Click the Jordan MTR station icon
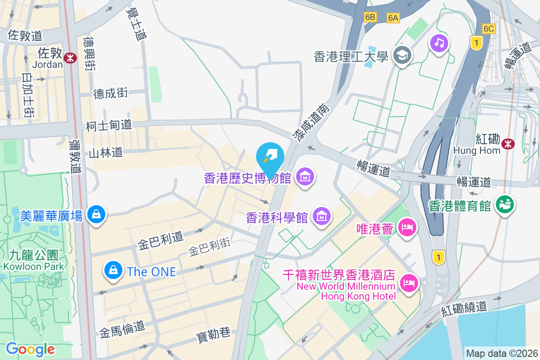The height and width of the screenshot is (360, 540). click(x=70, y=57)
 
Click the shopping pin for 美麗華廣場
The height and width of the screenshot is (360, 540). click(x=96, y=215)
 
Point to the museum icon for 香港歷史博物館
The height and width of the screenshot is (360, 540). click(x=306, y=178)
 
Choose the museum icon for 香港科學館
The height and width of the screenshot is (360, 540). click(x=322, y=217)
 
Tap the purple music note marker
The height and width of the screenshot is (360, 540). click(x=439, y=43)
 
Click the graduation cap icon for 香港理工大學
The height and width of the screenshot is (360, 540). click(x=400, y=56)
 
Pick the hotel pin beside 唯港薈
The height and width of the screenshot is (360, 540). click(x=408, y=227)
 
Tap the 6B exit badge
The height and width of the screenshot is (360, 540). click(x=370, y=17)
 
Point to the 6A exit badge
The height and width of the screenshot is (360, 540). click(x=393, y=18)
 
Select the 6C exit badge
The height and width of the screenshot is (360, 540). click(x=489, y=29)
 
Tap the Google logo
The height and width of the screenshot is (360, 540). click(x=30, y=349)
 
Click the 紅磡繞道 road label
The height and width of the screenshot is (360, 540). click(x=464, y=308)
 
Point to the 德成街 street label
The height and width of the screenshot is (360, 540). click(x=111, y=93)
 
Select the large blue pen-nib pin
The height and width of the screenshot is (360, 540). click(x=270, y=156)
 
